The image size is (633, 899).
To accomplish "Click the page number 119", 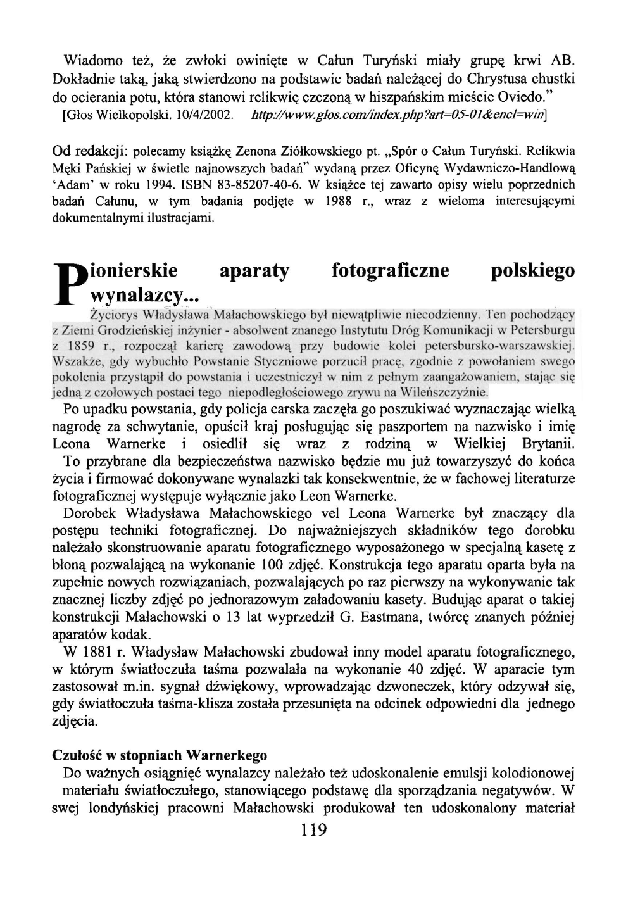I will click(315, 829).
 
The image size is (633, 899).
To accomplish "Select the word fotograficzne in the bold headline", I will click(391, 271).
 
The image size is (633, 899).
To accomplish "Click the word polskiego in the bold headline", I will click(533, 271).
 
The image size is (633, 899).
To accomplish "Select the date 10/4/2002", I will click(210, 116).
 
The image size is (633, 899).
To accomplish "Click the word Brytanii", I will click(548, 443).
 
